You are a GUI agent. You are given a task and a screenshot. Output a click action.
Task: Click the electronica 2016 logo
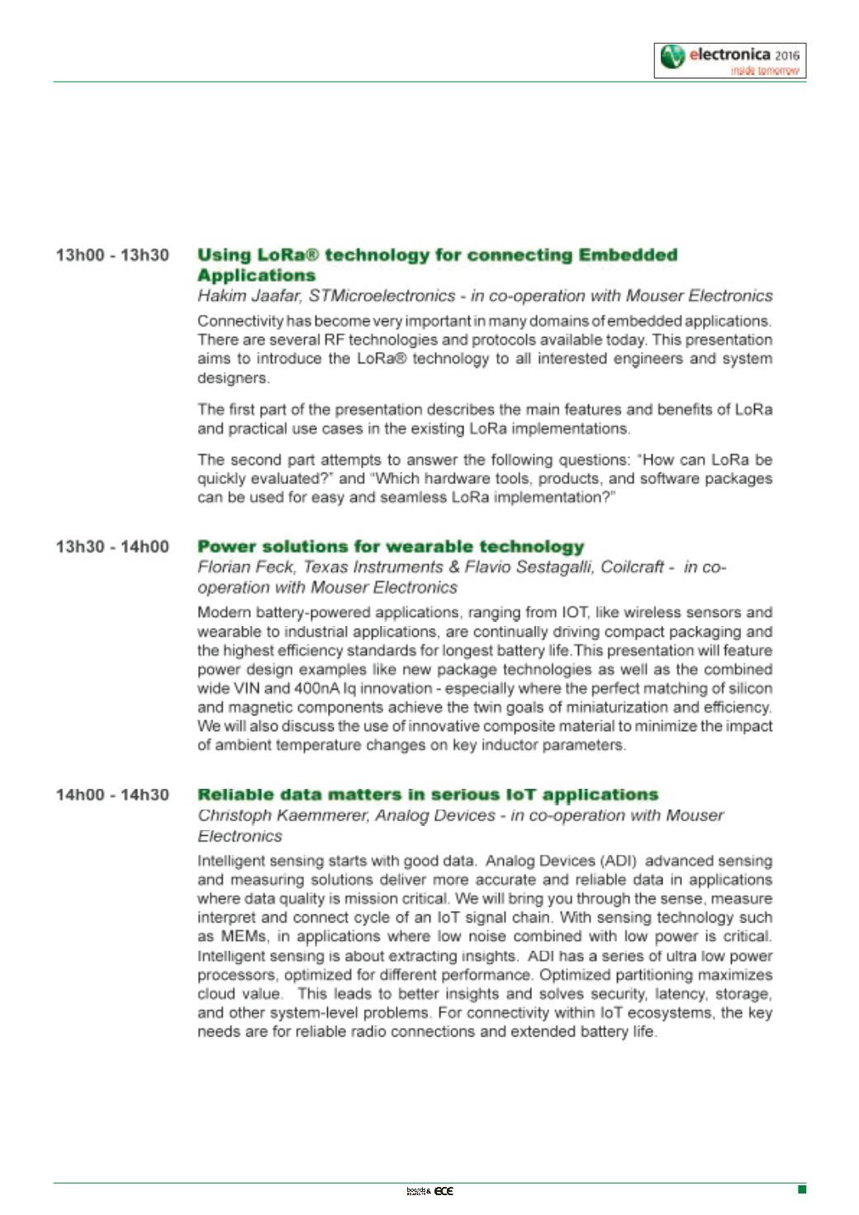[x=730, y=60]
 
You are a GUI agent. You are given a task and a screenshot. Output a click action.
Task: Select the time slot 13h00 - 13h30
[x=112, y=255]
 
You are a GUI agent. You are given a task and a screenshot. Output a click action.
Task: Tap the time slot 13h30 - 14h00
[x=112, y=547]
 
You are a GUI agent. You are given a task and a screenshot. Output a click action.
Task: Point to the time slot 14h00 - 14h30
[x=112, y=795]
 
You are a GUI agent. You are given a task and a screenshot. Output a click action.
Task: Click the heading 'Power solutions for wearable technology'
[x=391, y=547]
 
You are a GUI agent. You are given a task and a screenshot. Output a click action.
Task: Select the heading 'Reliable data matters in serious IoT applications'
[x=428, y=795]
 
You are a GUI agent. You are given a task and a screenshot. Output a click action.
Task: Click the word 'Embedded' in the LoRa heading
[x=628, y=255]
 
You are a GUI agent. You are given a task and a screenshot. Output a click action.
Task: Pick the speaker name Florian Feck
[x=246, y=567]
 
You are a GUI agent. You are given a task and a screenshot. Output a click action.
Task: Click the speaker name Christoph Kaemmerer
[x=282, y=815]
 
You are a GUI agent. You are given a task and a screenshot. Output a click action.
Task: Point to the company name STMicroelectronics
[x=382, y=296]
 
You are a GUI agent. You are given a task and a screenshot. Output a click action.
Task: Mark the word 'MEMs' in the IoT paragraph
[x=244, y=937]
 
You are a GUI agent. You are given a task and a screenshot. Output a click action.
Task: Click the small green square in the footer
[x=801, y=1189]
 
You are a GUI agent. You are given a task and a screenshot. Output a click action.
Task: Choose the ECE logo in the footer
[x=444, y=1190]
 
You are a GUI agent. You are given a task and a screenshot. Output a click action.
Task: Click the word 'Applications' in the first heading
[x=256, y=276]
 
